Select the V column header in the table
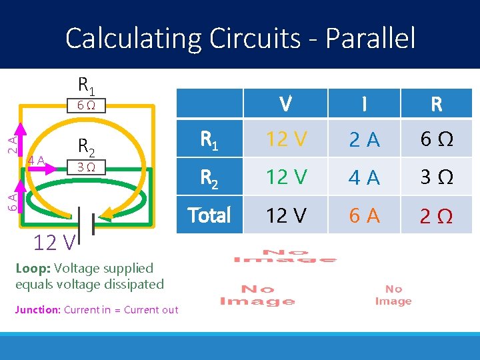(x=285, y=104)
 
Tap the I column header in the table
(x=363, y=104)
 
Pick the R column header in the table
(x=437, y=104)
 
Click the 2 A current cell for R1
(x=363, y=139)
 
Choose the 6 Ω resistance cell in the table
(x=437, y=139)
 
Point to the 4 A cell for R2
(x=363, y=178)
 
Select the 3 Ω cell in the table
(x=437, y=178)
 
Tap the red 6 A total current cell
(x=363, y=215)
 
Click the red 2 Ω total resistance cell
(x=437, y=215)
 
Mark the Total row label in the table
(x=209, y=215)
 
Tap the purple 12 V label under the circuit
(x=54, y=243)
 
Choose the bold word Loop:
(x=33, y=268)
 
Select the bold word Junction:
(x=37, y=309)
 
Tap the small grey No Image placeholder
(x=393, y=295)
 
